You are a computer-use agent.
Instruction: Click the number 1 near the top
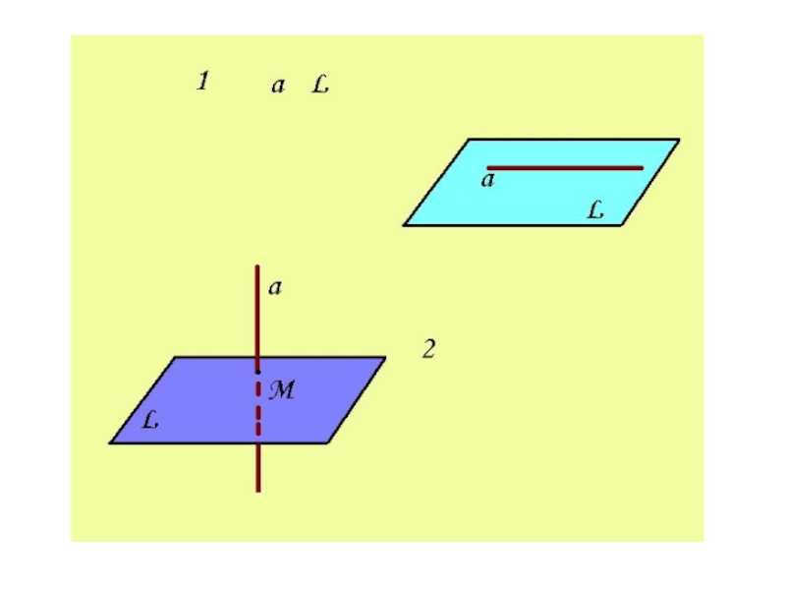pos(202,81)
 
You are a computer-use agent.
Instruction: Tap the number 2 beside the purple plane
pos(428,349)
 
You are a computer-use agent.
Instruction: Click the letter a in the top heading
pos(278,86)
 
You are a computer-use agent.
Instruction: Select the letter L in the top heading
pos(320,84)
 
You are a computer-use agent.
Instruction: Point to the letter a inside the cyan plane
pos(487,180)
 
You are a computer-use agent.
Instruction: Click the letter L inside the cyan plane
pos(595,209)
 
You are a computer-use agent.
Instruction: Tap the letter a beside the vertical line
pos(275,287)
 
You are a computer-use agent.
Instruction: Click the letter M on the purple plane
pos(282,389)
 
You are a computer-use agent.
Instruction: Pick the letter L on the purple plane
pos(150,420)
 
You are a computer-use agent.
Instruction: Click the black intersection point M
pos(257,372)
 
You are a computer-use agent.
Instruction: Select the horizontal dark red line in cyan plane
pos(565,168)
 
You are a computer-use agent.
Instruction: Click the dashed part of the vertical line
pos(258,407)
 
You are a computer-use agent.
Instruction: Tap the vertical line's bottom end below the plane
pos(258,492)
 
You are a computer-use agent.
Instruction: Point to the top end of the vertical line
pos(257,265)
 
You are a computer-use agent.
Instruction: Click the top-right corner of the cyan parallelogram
pos(680,139)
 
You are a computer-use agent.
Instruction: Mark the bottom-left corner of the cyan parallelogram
pos(404,225)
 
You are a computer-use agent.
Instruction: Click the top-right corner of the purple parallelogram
pos(385,357)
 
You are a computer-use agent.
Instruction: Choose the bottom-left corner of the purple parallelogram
pos(110,443)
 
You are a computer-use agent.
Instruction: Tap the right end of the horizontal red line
pos(643,168)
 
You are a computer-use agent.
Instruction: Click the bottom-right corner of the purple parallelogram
pos(327,443)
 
